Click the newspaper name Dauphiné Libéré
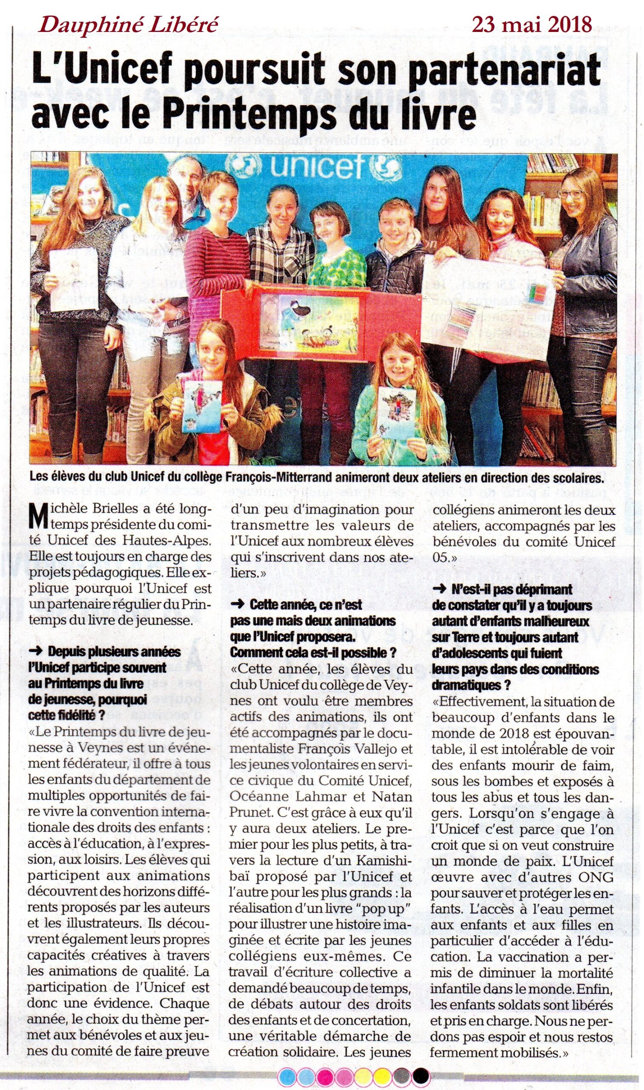tap(128, 26)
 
